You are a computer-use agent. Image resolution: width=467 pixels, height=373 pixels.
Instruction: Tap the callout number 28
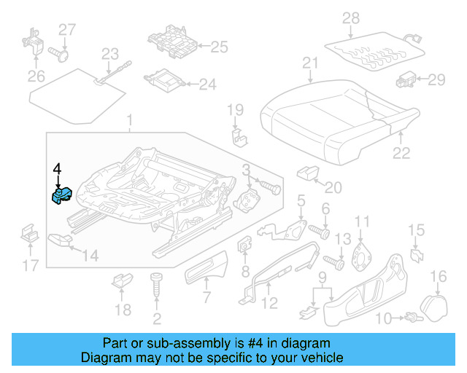pos(351,17)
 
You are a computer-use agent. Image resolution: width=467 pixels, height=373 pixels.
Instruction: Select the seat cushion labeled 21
pos(328,117)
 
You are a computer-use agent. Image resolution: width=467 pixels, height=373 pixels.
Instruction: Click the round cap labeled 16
pos(436,302)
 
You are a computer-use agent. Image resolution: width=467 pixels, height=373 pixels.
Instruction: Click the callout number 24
pos(208,85)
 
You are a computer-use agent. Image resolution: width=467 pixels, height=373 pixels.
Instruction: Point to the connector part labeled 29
pos(406,79)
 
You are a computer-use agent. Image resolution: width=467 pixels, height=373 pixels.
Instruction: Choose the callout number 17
pos(29,266)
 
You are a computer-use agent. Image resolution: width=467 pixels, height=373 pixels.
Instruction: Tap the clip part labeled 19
pos(237,137)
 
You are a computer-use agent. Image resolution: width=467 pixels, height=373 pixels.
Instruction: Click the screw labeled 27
pos(61,52)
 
